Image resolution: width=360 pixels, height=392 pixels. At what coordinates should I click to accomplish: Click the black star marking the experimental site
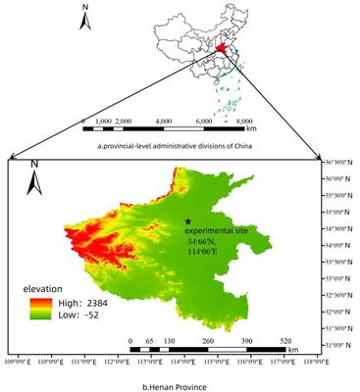[x=187, y=221]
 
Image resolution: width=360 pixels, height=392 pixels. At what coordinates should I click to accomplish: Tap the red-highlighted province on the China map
[x=223, y=49]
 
